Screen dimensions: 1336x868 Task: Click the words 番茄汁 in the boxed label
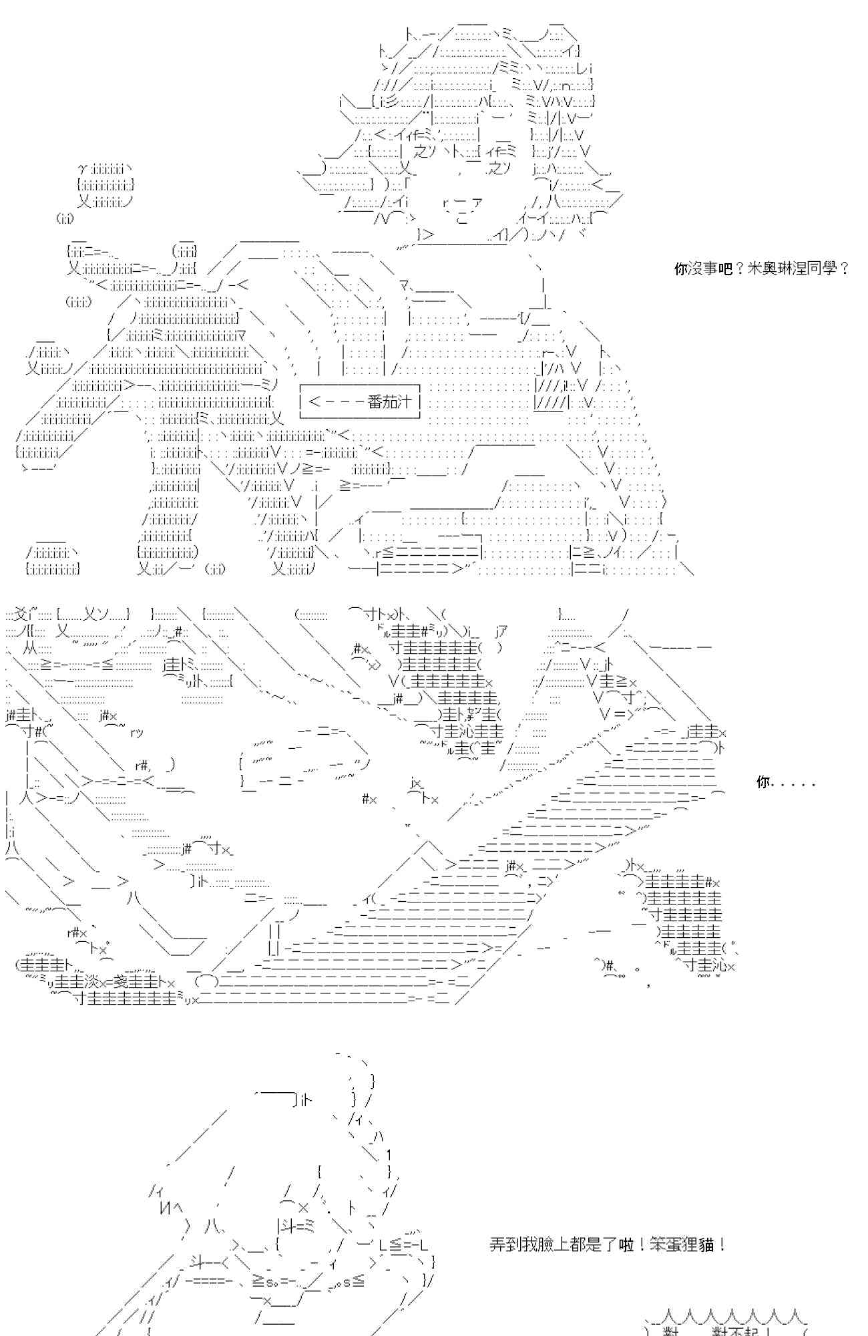(391, 401)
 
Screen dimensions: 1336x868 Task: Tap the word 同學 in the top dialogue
(819, 269)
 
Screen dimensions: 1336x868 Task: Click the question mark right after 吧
(739, 269)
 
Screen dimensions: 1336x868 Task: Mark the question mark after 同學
(844, 269)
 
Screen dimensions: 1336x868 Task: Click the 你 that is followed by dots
(763, 782)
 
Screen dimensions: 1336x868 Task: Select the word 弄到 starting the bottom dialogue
(503, 1244)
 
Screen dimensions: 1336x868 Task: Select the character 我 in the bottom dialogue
(528, 1244)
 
